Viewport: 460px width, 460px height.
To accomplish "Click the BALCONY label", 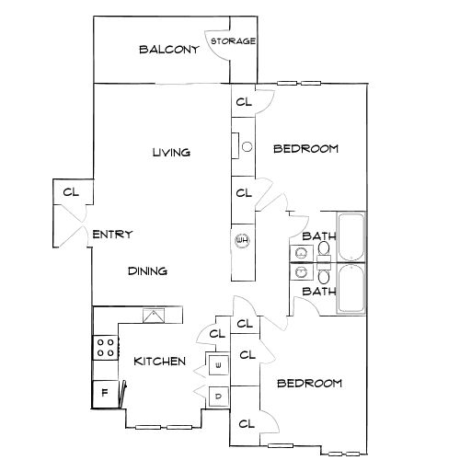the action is tap(169, 50).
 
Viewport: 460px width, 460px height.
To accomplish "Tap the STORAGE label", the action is tap(233, 41).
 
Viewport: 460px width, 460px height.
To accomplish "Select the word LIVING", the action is tap(171, 152).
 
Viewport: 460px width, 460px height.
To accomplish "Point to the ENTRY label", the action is tap(112, 235).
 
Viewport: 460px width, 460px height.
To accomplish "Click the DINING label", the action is tap(147, 271).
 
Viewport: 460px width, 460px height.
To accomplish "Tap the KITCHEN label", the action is tap(160, 362).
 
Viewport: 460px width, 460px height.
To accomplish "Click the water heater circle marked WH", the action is tap(242, 240).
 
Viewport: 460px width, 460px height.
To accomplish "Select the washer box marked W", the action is tap(219, 365).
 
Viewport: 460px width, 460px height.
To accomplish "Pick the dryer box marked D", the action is tap(219, 397).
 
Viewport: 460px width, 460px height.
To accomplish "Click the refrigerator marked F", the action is tap(105, 394).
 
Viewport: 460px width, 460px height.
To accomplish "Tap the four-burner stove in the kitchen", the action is tap(106, 348).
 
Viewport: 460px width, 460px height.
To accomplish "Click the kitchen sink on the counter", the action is tap(154, 316).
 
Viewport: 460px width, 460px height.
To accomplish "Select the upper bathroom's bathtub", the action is tap(351, 236).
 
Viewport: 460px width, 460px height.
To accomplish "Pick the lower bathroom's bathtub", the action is tap(351, 289).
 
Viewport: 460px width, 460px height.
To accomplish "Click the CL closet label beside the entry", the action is tap(71, 192).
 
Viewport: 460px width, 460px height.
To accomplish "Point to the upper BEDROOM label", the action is tap(305, 149).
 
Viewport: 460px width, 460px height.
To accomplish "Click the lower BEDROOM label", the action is tap(309, 384).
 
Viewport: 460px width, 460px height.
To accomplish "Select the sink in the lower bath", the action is tap(302, 271).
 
